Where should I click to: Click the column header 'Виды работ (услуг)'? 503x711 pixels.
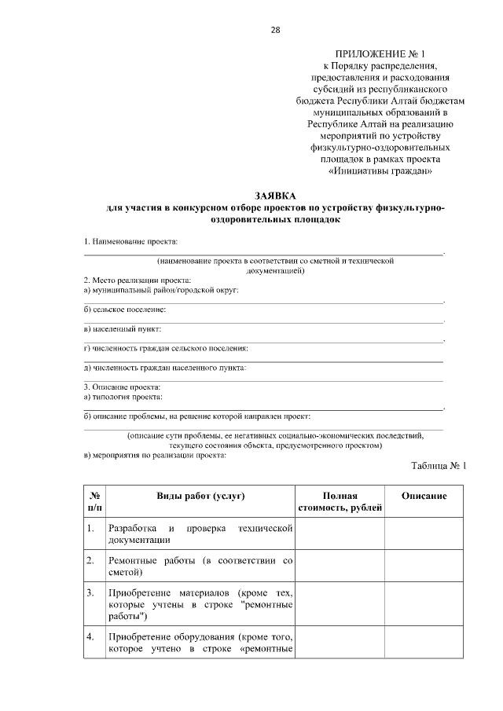(x=200, y=496)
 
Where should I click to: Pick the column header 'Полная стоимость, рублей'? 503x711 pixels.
(x=340, y=502)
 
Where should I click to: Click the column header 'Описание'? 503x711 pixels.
(x=424, y=496)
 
